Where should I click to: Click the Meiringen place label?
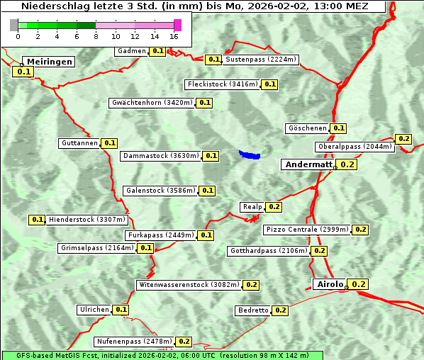49,62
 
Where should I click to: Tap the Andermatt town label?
308,164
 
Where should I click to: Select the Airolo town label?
330,284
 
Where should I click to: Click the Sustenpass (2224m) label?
261,60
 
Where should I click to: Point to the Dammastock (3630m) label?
161,156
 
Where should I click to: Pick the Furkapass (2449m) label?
161,235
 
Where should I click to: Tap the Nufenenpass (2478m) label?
134,342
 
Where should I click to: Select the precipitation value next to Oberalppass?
403,139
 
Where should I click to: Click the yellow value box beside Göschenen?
338,128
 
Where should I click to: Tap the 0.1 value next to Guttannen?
110,143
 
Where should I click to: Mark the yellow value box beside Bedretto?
280,310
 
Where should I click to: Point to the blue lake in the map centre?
250,154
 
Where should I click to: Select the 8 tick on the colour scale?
96,36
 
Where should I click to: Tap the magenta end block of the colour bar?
177,25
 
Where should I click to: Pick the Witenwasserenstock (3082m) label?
189,285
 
